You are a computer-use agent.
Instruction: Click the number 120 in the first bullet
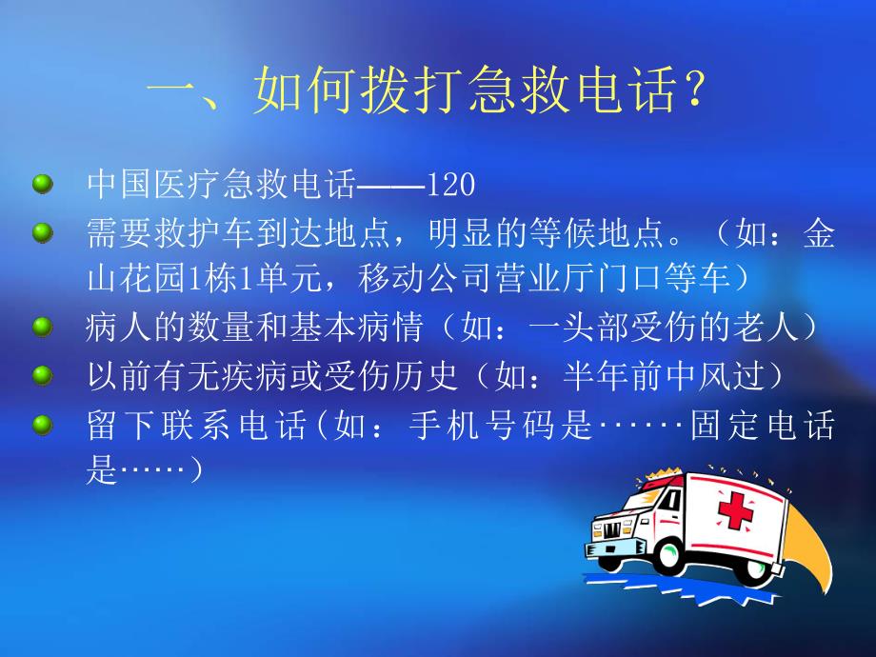451,185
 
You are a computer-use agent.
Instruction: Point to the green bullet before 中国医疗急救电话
42,184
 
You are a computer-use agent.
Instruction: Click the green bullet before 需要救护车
42,231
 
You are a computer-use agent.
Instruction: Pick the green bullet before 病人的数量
42,328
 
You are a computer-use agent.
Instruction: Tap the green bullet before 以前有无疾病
42,375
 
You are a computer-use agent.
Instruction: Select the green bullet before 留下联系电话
42,424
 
